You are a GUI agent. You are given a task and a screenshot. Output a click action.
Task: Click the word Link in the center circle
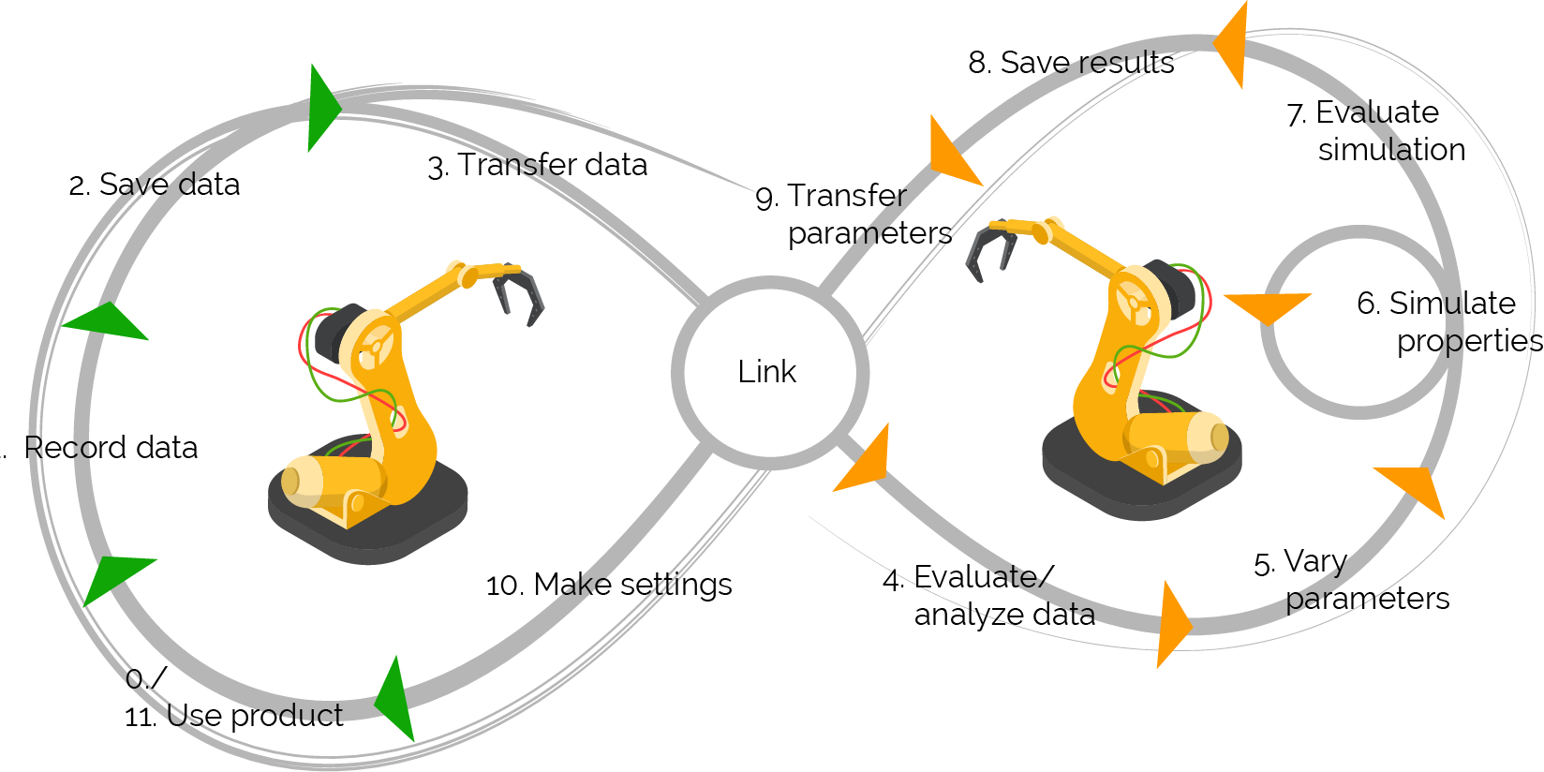click(x=766, y=372)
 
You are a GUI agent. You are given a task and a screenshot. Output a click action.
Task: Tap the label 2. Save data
click(x=155, y=184)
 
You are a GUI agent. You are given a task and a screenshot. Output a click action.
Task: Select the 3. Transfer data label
click(x=538, y=166)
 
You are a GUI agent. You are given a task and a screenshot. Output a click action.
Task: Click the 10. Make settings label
click(x=609, y=585)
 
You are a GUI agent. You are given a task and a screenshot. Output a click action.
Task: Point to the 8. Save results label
click(x=1071, y=63)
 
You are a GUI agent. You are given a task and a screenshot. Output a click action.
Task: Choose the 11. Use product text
click(x=233, y=716)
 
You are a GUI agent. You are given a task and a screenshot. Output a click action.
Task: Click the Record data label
click(x=111, y=447)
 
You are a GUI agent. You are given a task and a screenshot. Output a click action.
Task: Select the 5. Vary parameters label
click(x=1351, y=580)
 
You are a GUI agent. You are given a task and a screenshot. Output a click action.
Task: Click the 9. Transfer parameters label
click(x=854, y=215)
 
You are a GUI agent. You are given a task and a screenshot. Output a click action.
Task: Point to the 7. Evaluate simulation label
click(x=1375, y=131)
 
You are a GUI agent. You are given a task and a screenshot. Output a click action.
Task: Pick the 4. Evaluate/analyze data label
click(x=988, y=596)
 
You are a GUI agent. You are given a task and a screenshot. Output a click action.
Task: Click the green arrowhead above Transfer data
click(x=323, y=108)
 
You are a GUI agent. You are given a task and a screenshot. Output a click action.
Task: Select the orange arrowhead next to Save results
click(x=1230, y=44)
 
